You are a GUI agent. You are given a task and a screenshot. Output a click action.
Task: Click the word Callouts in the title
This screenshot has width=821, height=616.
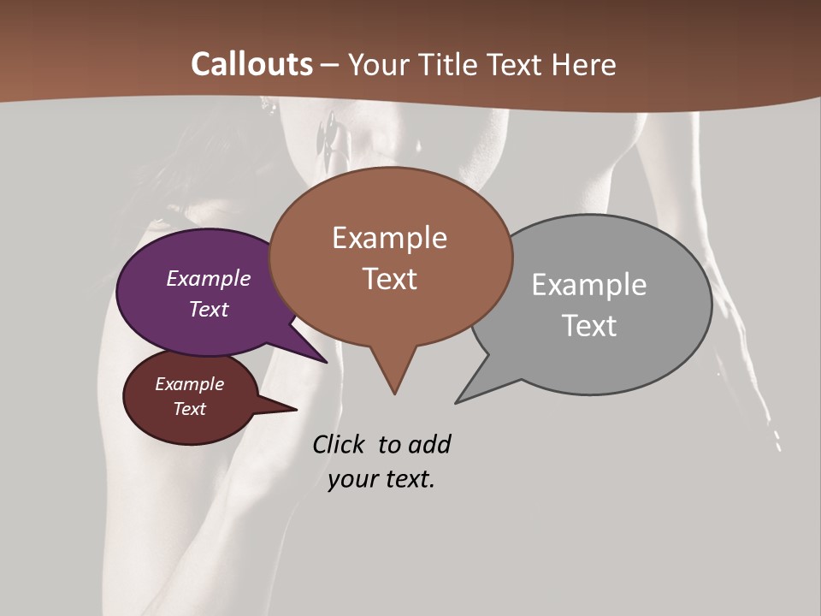(x=251, y=64)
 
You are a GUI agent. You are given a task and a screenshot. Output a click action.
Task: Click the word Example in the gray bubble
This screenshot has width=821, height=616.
(x=589, y=285)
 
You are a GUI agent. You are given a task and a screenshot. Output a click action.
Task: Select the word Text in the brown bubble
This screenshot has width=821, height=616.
(x=390, y=279)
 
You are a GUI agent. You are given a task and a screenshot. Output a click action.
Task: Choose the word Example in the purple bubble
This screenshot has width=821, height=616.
(x=209, y=278)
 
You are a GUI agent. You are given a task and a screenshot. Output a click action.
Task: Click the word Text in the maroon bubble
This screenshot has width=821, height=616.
(x=190, y=409)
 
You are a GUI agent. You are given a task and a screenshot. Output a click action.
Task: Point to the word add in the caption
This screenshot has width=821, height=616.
(x=429, y=445)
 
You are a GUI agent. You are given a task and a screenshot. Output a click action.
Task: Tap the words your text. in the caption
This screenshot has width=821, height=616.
(x=381, y=480)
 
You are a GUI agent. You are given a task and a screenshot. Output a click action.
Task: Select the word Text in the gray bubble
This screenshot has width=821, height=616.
(x=589, y=326)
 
